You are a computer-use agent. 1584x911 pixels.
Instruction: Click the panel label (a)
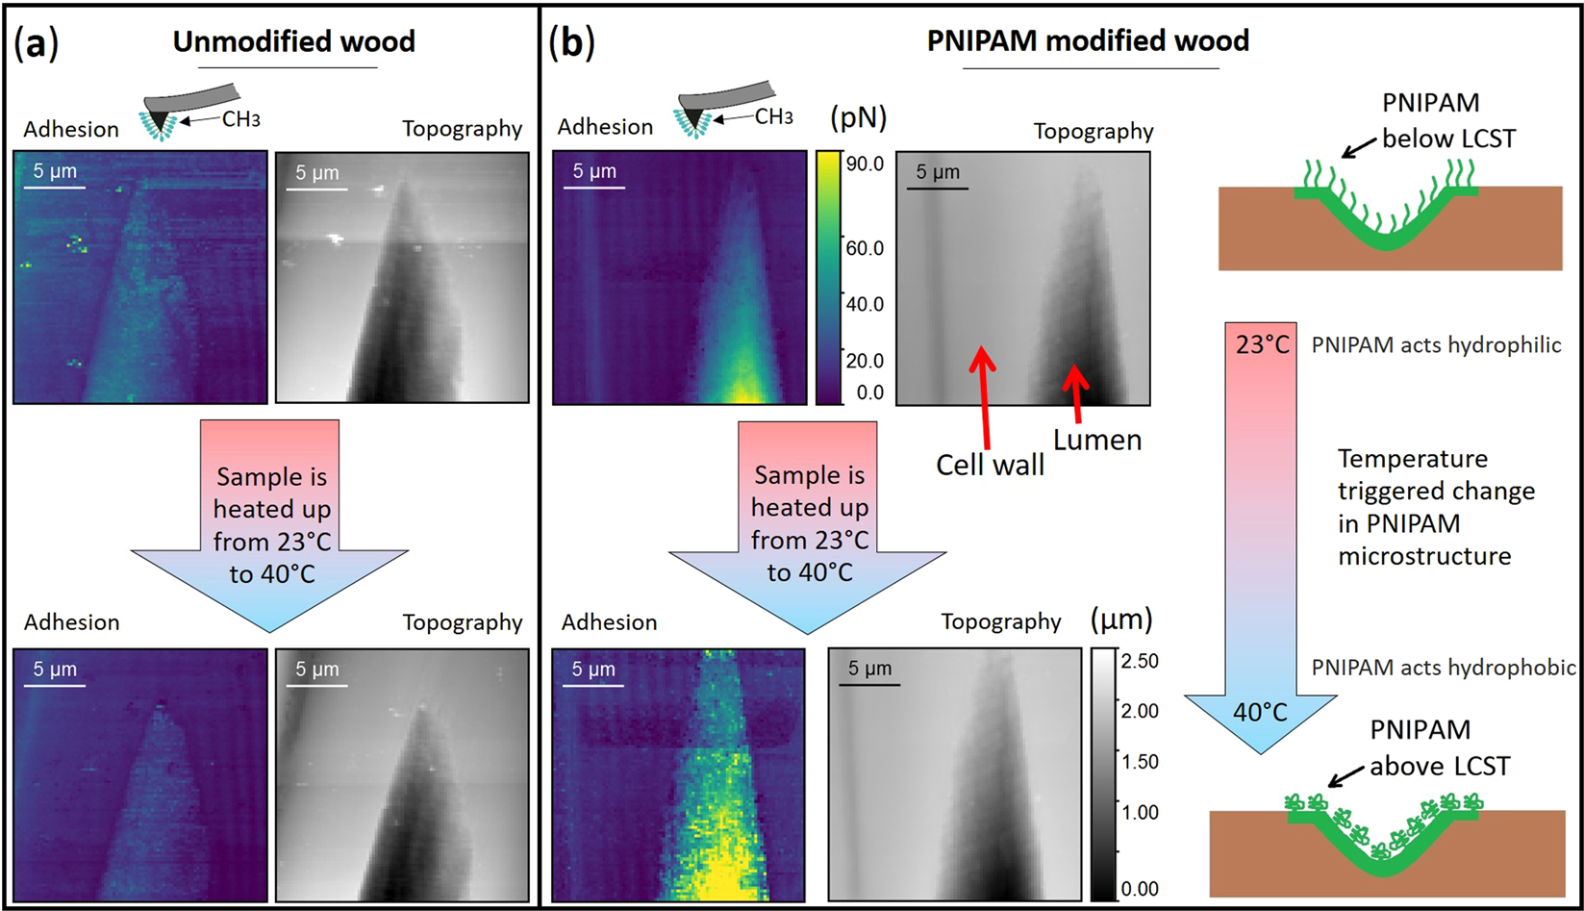[x=36, y=43]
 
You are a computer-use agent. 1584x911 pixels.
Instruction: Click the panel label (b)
[x=571, y=42]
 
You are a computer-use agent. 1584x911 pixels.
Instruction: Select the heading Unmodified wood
[x=293, y=41]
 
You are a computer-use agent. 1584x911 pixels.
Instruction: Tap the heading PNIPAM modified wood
[x=1088, y=40]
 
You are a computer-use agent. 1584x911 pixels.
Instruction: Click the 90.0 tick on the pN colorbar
[x=865, y=164]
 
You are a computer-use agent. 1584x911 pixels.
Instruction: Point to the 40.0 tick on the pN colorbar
[x=865, y=304]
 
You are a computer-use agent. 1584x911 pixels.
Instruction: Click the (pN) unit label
[x=858, y=117]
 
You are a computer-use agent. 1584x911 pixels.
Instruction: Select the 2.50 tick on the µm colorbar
[x=1140, y=661]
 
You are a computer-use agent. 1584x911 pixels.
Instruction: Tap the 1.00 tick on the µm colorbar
[x=1140, y=812]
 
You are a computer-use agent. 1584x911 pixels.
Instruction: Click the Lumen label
[x=1097, y=441]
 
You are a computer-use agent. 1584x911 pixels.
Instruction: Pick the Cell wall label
[x=990, y=466]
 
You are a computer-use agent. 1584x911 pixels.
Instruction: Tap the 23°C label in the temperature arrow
[x=1262, y=344]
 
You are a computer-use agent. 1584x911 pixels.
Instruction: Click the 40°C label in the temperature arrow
[x=1260, y=713]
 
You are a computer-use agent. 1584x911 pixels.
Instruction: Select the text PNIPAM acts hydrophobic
[x=1443, y=668]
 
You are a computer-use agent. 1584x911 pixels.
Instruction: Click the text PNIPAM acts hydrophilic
[x=1436, y=345]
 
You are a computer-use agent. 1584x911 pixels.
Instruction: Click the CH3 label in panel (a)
[x=240, y=119]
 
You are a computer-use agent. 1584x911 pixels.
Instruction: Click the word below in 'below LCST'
[x=1417, y=139]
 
